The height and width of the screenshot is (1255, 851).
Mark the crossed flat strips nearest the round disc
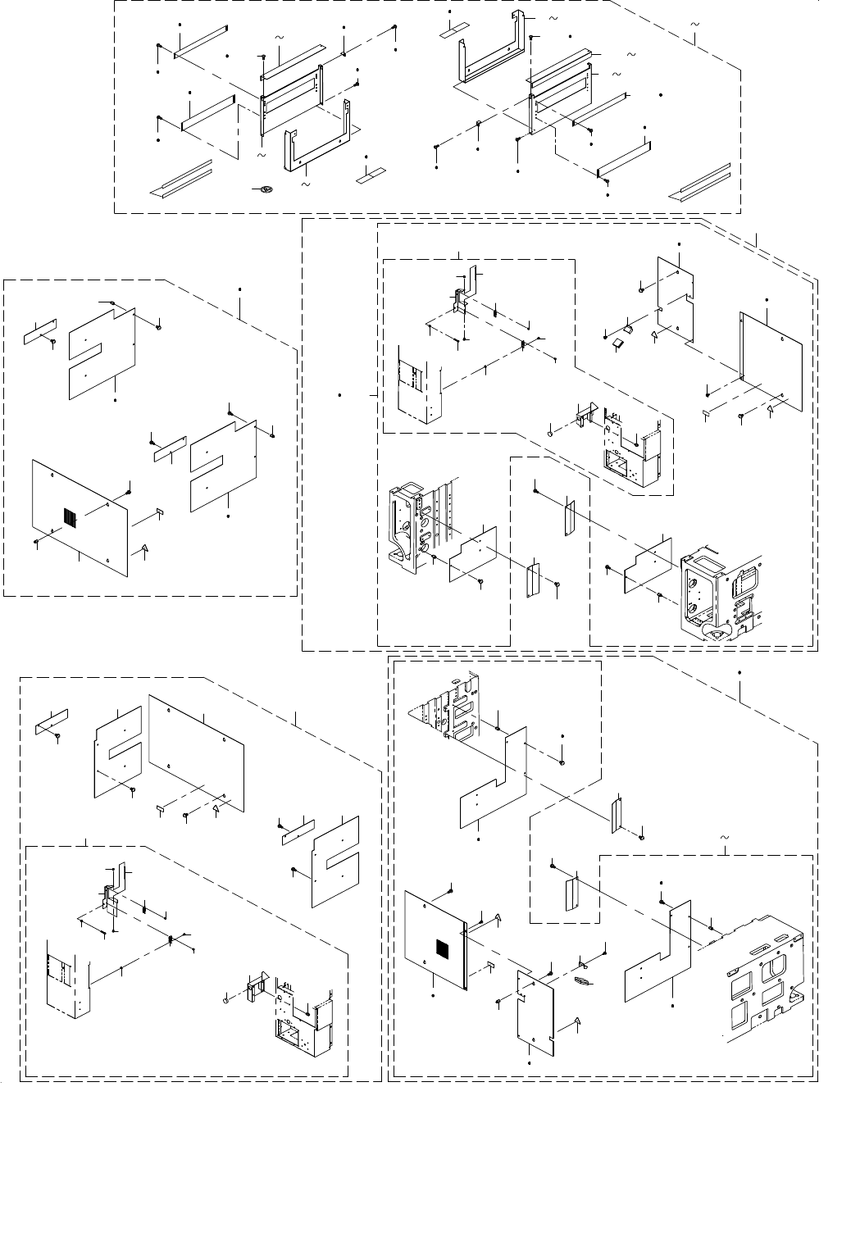click(371, 175)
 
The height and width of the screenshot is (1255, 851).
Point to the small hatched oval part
click(583, 980)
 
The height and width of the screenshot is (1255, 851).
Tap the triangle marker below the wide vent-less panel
click(216, 809)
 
